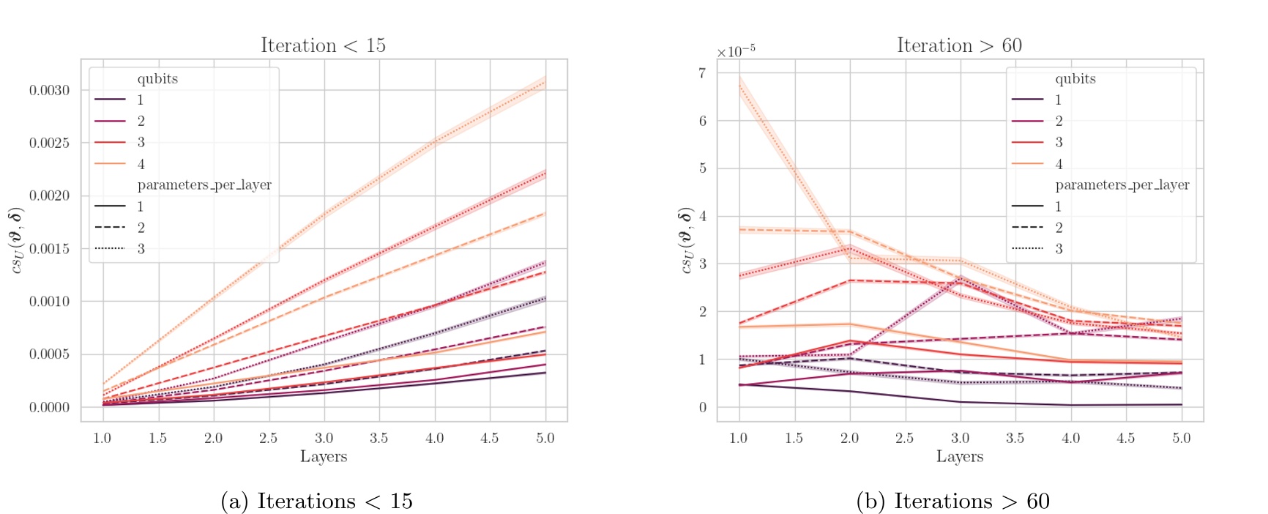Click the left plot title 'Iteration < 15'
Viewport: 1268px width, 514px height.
pyautogui.click(x=323, y=45)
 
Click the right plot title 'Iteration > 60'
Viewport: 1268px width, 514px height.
pyautogui.click(x=959, y=45)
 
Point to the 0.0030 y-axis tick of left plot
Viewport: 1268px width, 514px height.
pyautogui.click(x=50, y=90)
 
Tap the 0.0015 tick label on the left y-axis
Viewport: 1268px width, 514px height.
pyautogui.click(x=50, y=249)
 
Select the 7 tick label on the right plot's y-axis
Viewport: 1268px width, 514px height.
pyautogui.click(x=703, y=72)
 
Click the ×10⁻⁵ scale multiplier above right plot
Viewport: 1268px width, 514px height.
pyautogui.click(x=736, y=51)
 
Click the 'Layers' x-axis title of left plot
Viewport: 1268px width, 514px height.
pyautogui.click(x=323, y=457)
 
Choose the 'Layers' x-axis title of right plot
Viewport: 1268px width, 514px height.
pyautogui.click(x=959, y=457)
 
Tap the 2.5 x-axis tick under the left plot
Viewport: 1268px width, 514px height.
pyautogui.click(x=268, y=438)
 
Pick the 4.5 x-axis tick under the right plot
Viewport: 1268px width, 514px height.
pyautogui.click(x=1125, y=438)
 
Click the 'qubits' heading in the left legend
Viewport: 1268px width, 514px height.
pyautogui.click(x=157, y=78)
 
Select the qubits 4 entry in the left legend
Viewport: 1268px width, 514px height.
pyautogui.click(x=141, y=164)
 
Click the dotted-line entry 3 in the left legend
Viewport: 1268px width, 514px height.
pyautogui.click(x=141, y=249)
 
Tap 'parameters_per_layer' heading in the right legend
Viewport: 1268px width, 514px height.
pyautogui.click(x=1122, y=185)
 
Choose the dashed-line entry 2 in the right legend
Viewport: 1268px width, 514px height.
pyautogui.click(x=1058, y=228)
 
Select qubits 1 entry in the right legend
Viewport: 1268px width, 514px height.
pyautogui.click(x=1058, y=100)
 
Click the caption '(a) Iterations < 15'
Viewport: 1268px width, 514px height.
pyautogui.click(x=316, y=501)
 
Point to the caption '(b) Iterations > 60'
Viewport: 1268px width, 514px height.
pyautogui.click(x=952, y=501)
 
